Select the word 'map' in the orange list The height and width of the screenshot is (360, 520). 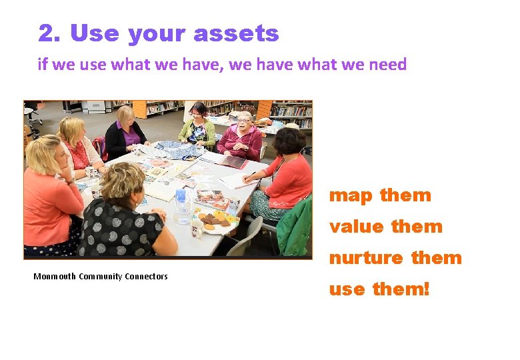pos(352,195)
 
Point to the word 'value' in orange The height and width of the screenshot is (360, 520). pos(357,227)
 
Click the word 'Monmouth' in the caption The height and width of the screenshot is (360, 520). pos(55,277)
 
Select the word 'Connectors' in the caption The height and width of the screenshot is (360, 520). pos(146,277)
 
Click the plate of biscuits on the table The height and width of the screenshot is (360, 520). pos(215,220)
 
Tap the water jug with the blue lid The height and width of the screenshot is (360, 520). pos(181,207)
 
